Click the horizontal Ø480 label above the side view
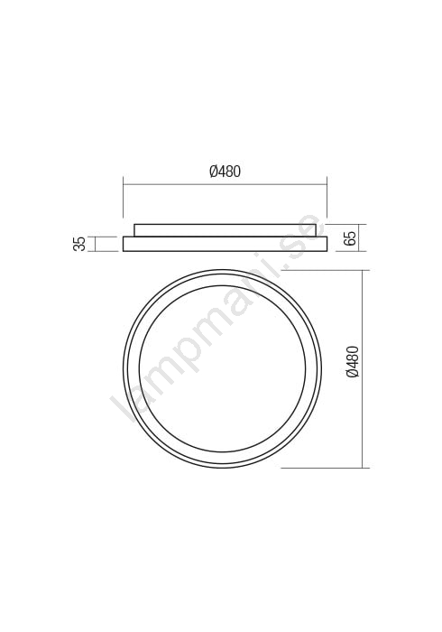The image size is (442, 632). point(225,172)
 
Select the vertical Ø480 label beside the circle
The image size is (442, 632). point(352,361)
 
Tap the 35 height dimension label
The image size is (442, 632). point(79,244)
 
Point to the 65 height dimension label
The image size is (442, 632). point(350,238)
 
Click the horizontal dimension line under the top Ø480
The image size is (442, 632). point(225,184)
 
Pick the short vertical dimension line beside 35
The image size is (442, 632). point(95,244)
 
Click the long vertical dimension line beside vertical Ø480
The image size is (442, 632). point(364,368)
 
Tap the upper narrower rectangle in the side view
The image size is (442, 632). point(228,230)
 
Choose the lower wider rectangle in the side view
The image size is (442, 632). point(225,245)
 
